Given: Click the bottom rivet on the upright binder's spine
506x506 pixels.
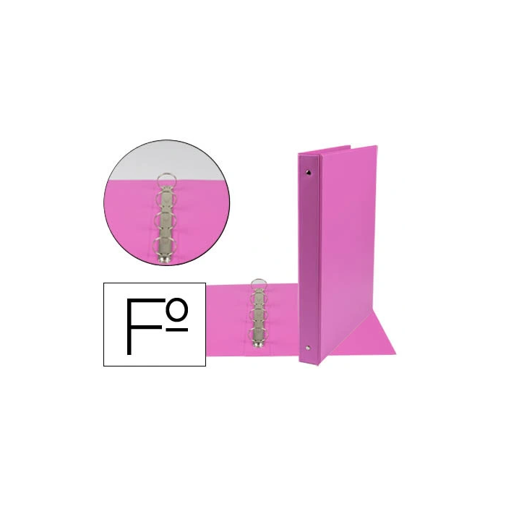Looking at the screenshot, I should (310, 349).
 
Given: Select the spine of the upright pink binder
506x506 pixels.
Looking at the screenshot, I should (310, 260).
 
